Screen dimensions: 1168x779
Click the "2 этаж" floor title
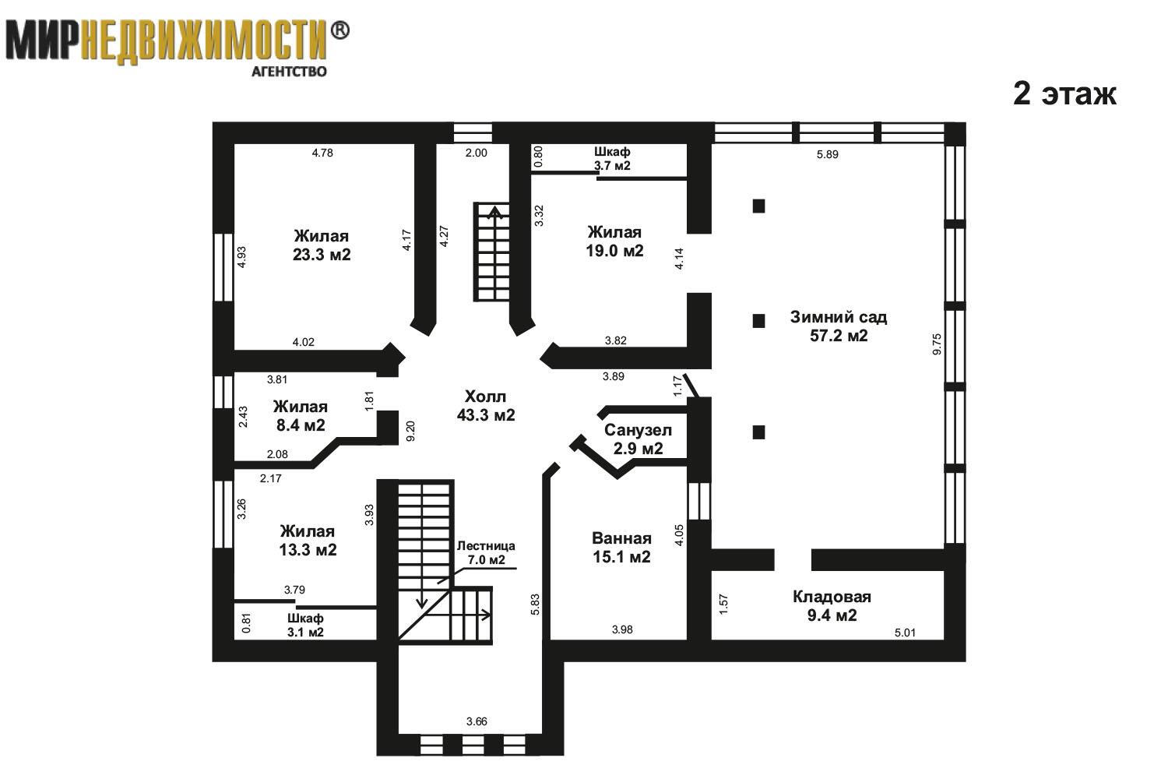(1064, 94)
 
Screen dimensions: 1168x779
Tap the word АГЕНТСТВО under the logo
(289, 72)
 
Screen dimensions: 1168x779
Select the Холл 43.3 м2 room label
(486, 405)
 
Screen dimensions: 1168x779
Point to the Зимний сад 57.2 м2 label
(839, 326)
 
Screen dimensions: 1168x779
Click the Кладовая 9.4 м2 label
(832, 606)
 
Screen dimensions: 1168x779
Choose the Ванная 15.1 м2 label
(621, 548)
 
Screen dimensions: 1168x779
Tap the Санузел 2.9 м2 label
(639, 439)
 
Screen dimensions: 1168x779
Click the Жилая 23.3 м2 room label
(321, 245)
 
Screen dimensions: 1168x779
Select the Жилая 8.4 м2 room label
(301, 416)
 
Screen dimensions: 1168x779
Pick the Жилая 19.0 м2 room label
(614, 241)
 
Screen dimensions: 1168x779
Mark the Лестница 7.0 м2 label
(486, 552)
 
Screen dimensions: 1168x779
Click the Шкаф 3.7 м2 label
(612, 159)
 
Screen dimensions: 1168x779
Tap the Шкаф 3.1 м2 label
(305, 625)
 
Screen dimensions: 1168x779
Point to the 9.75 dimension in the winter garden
(937, 344)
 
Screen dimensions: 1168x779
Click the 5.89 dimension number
(828, 154)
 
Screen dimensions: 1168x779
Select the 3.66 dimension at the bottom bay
(477, 721)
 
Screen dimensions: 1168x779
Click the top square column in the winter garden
(758, 206)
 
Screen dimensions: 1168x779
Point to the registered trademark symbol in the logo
(340, 31)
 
